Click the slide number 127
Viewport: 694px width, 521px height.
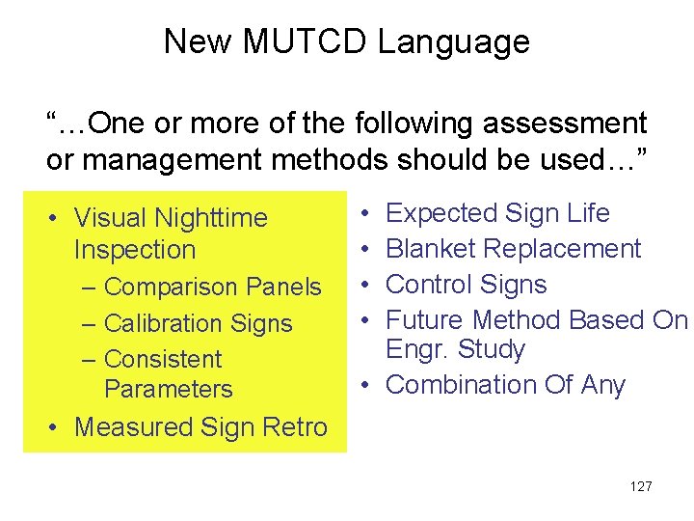click(640, 486)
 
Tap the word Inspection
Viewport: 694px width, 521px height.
click(134, 250)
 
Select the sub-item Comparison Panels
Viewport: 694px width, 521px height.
click(212, 288)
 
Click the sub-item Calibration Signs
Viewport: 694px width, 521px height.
click(198, 323)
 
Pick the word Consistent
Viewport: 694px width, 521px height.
click(162, 359)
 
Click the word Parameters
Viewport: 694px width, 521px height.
click(168, 390)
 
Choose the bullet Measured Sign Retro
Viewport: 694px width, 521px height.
click(200, 426)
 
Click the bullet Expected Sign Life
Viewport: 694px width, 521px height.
click(497, 213)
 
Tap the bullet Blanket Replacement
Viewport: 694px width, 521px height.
click(513, 249)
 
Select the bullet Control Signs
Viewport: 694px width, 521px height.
click(466, 285)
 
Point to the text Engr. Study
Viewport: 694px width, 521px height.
click(455, 349)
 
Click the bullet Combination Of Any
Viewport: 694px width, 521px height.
click(505, 385)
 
